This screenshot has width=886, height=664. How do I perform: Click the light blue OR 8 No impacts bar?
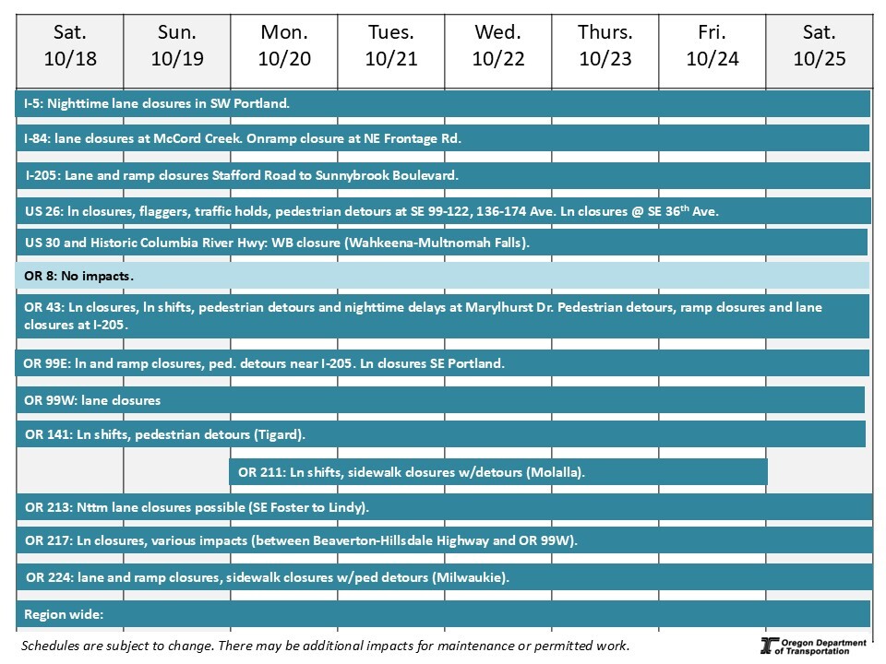point(443,276)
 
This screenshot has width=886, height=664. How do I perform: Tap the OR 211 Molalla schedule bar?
point(498,472)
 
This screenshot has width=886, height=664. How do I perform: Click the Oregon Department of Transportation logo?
point(813,646)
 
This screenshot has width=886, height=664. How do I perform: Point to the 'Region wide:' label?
point(64,614)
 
